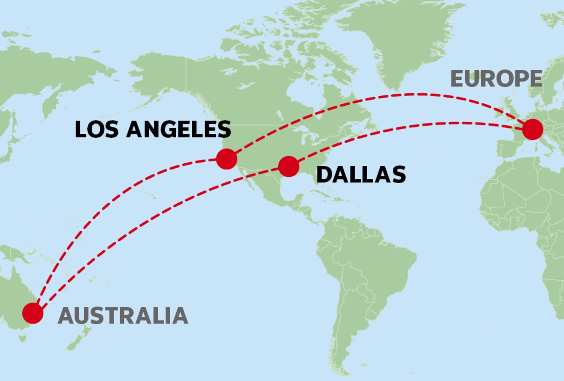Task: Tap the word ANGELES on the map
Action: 178,129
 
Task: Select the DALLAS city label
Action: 361,174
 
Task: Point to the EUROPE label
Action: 496,79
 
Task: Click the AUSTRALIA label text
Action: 123,315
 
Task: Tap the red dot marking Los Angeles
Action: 226,159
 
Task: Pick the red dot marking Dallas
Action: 289,166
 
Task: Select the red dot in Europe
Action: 532,129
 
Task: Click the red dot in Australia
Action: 33,313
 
